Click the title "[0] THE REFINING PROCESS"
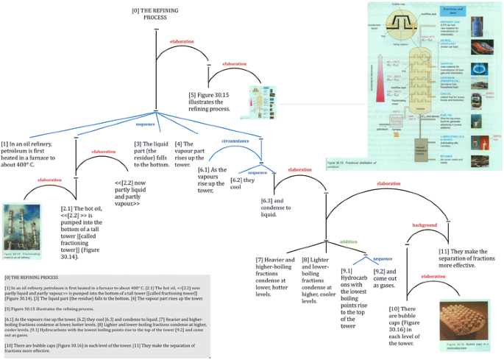point(155,15)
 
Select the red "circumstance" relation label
point(235,141)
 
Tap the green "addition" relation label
point(349,241)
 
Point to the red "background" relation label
point(425,225)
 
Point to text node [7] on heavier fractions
point(274,277)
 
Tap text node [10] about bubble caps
point(405,325)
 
